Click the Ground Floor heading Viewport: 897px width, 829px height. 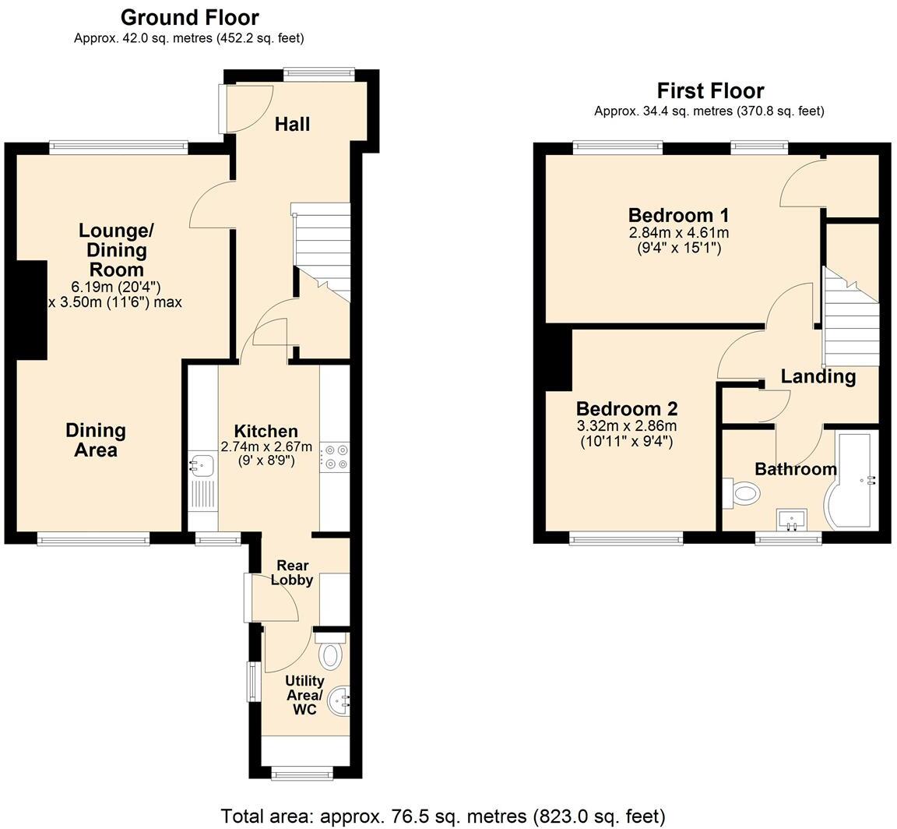pos(189,17)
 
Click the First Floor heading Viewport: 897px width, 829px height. pos(710,90)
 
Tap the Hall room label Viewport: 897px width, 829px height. pos(293,124)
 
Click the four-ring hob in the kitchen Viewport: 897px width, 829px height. pos(336,457)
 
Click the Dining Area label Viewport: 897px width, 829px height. pos(96,440)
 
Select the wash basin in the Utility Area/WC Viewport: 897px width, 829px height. pos(339,700)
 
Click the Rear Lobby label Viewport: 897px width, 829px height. pos(292,573)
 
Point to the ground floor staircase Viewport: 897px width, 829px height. pos(322,249)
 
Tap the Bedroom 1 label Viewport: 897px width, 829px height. pos(678,215)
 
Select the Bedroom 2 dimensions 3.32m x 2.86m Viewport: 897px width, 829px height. pos(626,426)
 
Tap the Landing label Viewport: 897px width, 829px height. pos(818,376)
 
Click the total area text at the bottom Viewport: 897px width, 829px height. pos(443,816)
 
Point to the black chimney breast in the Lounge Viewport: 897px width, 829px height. pos(32,309)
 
